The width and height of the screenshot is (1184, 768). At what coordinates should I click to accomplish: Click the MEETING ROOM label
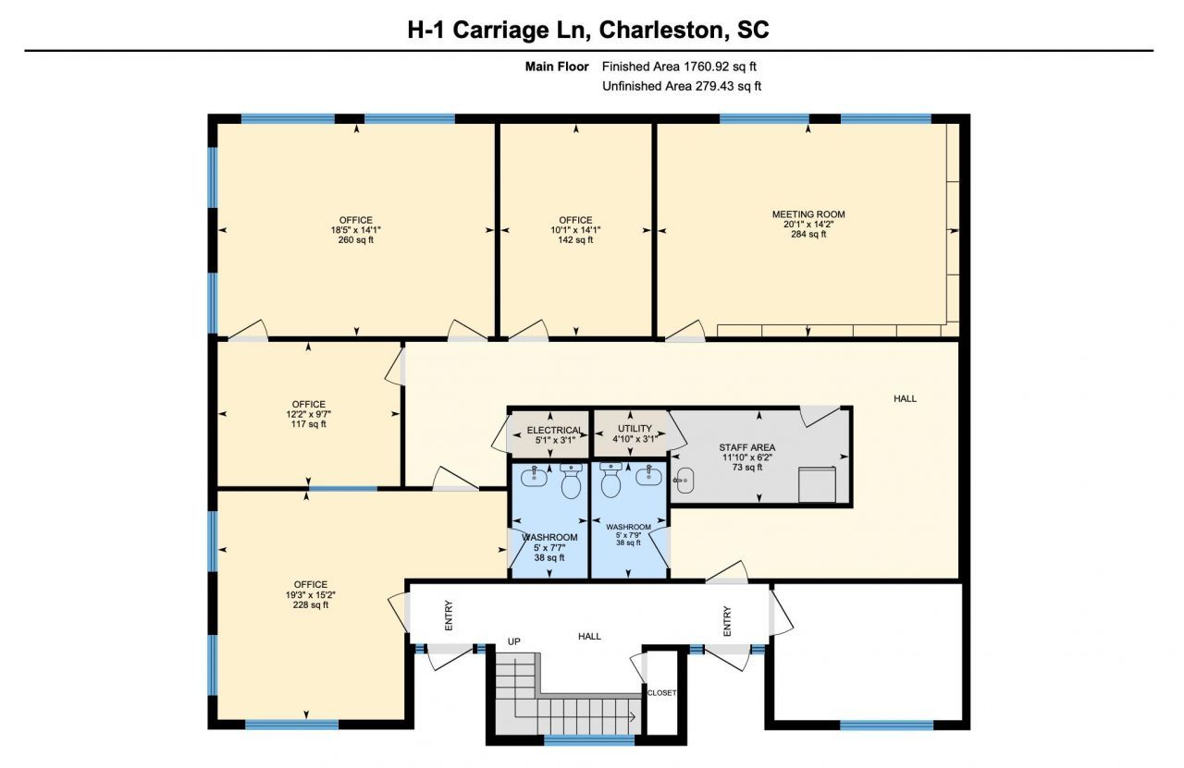click(x=808, y=213)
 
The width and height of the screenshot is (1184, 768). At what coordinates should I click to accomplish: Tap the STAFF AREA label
click(x=746, y=447)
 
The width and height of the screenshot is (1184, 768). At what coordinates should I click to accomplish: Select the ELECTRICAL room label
click(x=554, y=431)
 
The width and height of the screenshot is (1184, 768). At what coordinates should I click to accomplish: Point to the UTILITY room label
click(x=635, y=429)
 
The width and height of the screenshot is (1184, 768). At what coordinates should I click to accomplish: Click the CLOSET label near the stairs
click(x=661, y=693)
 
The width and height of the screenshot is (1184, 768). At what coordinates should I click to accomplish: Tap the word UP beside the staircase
click(x=513, y=641)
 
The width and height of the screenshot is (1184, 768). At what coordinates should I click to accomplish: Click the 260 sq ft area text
click(x=356, y=239)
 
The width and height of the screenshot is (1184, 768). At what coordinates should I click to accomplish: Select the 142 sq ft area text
click(x=575, y=239)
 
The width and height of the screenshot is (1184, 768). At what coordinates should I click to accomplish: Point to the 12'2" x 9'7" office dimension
click(x=309, y=414)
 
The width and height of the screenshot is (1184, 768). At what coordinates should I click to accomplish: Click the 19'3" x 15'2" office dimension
click(x=311, y=595)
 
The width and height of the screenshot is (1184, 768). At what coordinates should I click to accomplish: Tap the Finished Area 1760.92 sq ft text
click(x=679, y=67)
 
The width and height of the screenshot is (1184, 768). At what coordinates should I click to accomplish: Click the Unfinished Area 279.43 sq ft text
click(x=682, y=86)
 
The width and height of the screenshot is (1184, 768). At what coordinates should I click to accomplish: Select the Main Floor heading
click(x=557, y=67)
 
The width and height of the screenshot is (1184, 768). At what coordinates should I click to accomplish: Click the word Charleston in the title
click(x=660, y=30)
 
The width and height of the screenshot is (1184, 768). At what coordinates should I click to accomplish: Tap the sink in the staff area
click(x=684, y=481)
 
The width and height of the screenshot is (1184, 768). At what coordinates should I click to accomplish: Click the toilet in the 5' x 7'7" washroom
click(x=571, y=482)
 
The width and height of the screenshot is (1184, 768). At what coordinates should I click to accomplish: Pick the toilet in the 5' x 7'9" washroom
click(x=611, y=481)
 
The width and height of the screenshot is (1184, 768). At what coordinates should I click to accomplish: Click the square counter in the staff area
click(x=817, y=484)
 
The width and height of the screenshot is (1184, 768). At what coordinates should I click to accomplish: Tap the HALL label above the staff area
click(x=905, y=399)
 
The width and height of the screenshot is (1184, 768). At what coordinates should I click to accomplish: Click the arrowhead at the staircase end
click(x=632, y=717)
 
